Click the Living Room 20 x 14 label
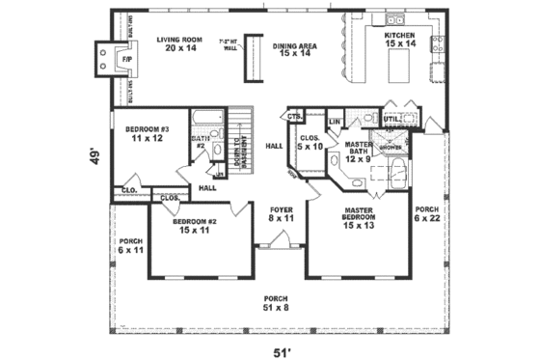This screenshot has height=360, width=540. point(180,43)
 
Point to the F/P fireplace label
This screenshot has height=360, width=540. point(124,61)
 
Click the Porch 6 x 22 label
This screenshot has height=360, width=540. point(426,214)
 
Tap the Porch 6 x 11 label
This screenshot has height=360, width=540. point(130,245)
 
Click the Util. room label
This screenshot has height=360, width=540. point(393,120)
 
